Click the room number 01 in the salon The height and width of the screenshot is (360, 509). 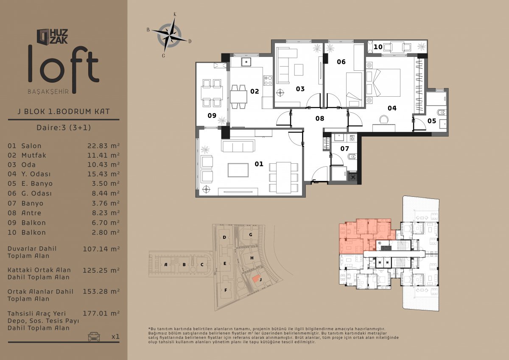(259, 164)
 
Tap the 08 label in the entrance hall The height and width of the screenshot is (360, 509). (320, 118)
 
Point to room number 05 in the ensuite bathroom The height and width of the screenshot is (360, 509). (432, 121)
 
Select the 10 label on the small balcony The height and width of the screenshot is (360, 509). (378, 47)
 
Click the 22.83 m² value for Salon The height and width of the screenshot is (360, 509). (103, 145)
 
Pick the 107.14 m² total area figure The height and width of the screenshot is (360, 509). (101, 249)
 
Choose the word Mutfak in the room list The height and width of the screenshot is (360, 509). (34, 155)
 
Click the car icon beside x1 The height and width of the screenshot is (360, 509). (94, 336)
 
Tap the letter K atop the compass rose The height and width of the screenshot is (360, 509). (175, 14)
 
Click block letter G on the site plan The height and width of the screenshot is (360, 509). (251, 234)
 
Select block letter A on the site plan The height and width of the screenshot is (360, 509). (166, 264)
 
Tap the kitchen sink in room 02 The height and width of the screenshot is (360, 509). (246, 62)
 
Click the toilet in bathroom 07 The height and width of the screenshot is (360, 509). (352, 157)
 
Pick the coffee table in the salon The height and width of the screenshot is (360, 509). (238, 170)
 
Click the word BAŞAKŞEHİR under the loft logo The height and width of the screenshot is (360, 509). (48, 92)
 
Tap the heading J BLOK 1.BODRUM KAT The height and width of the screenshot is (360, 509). (64, 111)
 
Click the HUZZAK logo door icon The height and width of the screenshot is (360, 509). (43, 36)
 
